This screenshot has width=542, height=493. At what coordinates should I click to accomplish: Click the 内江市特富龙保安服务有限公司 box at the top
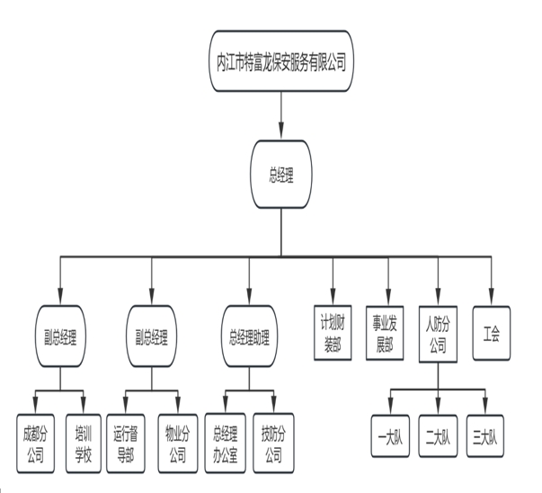pyautogui.click(x=281, y=62)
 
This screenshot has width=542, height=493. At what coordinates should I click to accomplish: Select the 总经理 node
pyautogui.click(x=281, y=175)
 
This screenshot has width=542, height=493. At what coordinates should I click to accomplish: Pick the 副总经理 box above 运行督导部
pyautogui.click(x=151, y=338)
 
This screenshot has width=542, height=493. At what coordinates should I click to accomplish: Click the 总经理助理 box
pyautogui.click(x=248, y=338)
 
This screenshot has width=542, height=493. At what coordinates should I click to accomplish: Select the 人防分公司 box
pyautogui.click(x=439, y=334)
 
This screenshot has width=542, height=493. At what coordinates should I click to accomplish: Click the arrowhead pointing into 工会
pyautogui.click(x=491, y=304)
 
